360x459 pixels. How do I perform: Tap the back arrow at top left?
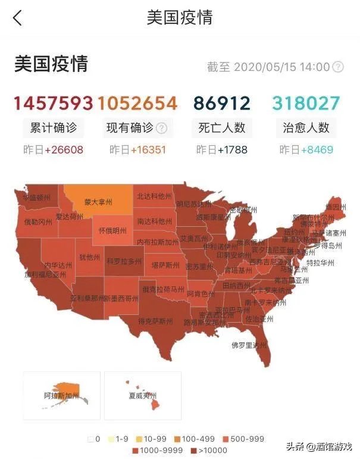(17, 18)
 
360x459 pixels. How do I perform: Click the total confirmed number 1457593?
(54, 104)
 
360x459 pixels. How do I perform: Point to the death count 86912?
(222, 104)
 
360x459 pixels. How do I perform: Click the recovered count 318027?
(306, 104)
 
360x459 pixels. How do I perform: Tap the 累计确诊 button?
(54, 127)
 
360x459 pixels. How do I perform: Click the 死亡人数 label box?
(222, 127)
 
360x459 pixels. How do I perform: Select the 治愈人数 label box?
(306, 127)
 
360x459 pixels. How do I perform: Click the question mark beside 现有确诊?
(161, 128)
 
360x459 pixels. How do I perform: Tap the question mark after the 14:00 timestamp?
(338, 67)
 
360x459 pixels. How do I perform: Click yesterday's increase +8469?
(317, 150)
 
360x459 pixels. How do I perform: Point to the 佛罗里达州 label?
(249, 345)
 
